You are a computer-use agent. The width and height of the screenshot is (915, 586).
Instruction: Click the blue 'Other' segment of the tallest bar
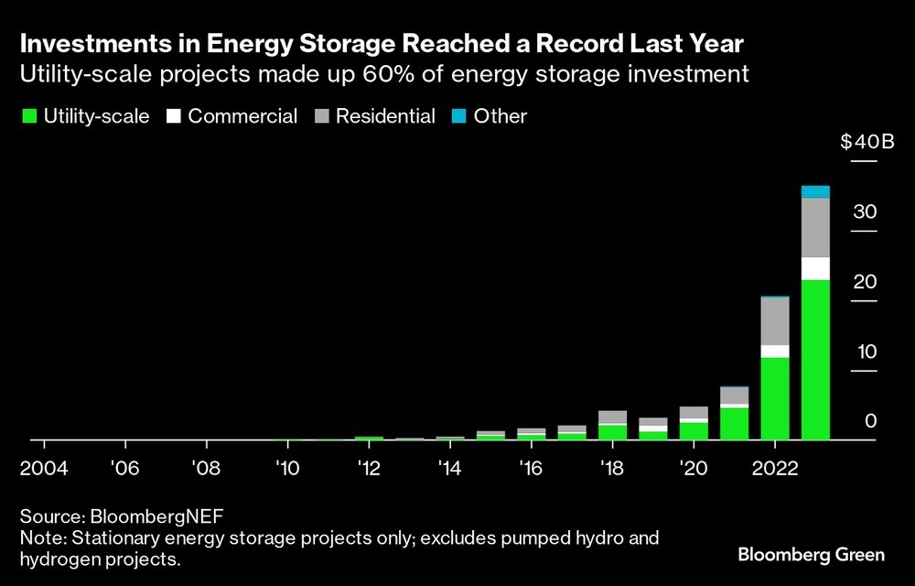coord(815,191)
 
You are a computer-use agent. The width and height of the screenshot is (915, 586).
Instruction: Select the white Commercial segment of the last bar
coord(815,268)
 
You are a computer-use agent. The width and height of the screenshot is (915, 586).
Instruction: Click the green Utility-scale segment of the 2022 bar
coord(775,398)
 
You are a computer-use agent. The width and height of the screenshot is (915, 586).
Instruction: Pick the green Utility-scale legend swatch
coord(28,116)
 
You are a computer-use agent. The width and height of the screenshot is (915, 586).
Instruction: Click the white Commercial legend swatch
coord(173,116)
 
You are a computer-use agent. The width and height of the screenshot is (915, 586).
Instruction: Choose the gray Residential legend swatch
coord(321,116)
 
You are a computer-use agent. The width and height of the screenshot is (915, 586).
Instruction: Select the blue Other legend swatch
coord(459,116)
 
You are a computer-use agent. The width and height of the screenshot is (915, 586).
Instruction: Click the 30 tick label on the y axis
coord(865,212)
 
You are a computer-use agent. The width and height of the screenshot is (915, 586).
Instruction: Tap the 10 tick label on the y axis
coord(865,352)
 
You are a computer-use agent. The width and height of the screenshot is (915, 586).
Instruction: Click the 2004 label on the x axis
coord(42,467)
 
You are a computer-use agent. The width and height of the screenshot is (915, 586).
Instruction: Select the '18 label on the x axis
coord(611,467)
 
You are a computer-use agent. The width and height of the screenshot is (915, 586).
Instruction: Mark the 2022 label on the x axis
coord(774,467)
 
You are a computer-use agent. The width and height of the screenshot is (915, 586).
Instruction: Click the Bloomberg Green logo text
coord(812,555)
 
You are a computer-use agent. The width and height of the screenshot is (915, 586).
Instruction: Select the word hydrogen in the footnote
coord(57,559)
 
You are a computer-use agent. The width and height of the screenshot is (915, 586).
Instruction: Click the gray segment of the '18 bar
coord(612,418)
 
